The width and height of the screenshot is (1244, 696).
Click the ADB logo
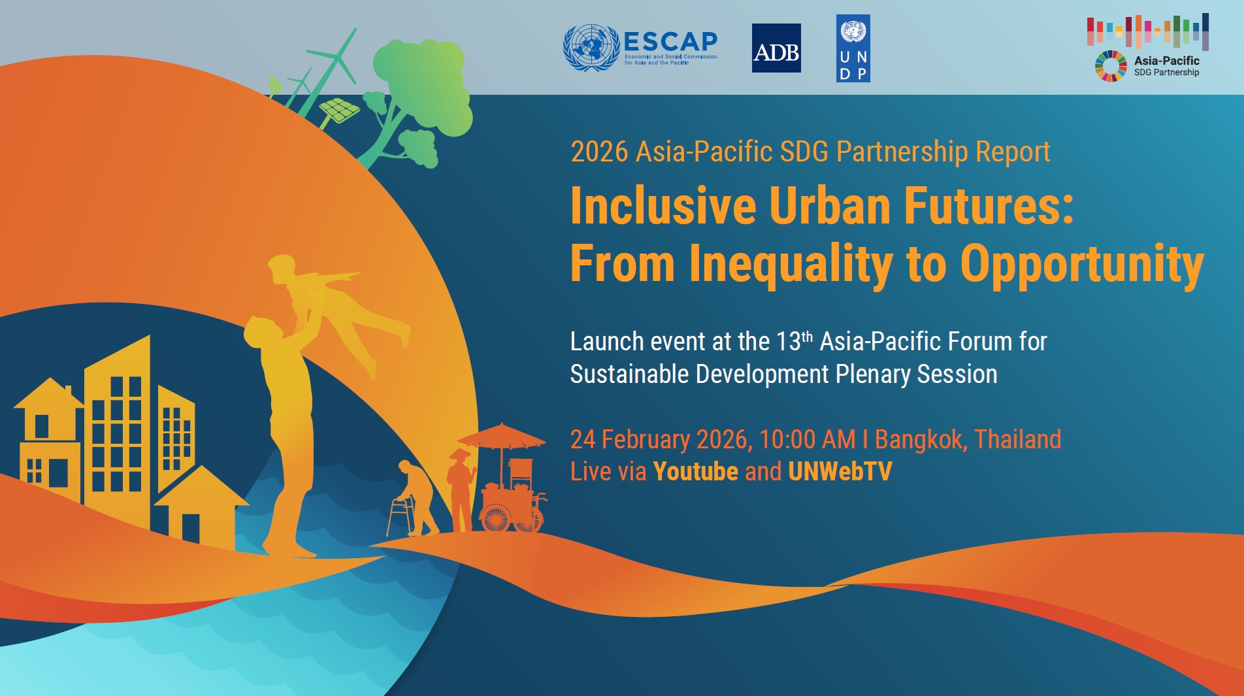[x=776, y=48]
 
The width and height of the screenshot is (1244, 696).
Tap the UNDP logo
[x=853, y=48]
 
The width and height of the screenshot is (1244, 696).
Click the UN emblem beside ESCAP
[x=591, y=48]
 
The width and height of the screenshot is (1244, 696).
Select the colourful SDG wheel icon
[x=1111, y=66]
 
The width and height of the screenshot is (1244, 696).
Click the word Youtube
[x=695, y=471]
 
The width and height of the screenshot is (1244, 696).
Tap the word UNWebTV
[x=840, y=471]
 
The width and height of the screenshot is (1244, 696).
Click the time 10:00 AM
[x=808, y=439]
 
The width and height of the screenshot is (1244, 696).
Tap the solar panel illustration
[x=338, y=110]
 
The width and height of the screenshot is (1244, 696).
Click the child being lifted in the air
[x=333, y=307]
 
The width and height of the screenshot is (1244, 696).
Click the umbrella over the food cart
[x=501, y=437]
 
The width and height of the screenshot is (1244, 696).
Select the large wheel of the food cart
[x=496, y=518]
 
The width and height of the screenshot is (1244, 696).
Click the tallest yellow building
[x=117, y=425]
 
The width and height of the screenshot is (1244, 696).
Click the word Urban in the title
[x=830, y=206]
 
